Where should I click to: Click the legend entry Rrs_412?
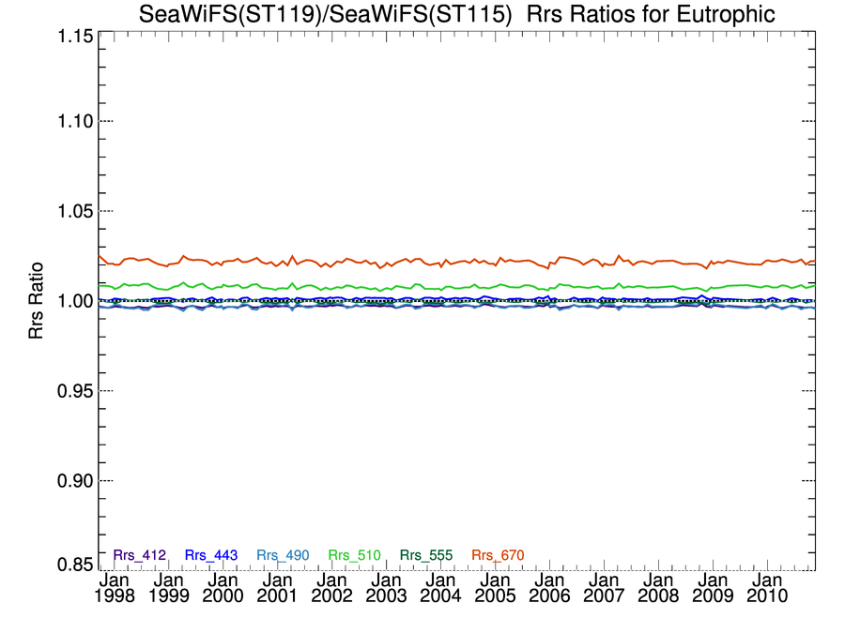click(139, 555)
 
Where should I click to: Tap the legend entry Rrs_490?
click(283, 555)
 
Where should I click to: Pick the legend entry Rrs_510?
click(354, 555)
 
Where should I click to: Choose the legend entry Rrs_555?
click(426, 555)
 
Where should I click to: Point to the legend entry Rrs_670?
click(498, 555)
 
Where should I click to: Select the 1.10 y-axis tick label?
click(70, 121)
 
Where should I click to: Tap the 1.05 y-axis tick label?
click(70, 211)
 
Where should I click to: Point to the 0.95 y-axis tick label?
click(70, 390)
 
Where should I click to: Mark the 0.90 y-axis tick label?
click(70, 480)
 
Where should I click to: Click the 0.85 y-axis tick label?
click(70, 565)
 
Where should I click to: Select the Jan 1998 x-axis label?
click(115, 588)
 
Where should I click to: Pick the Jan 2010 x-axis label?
click(766, 588)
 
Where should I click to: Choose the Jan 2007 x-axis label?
click(604, 588)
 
